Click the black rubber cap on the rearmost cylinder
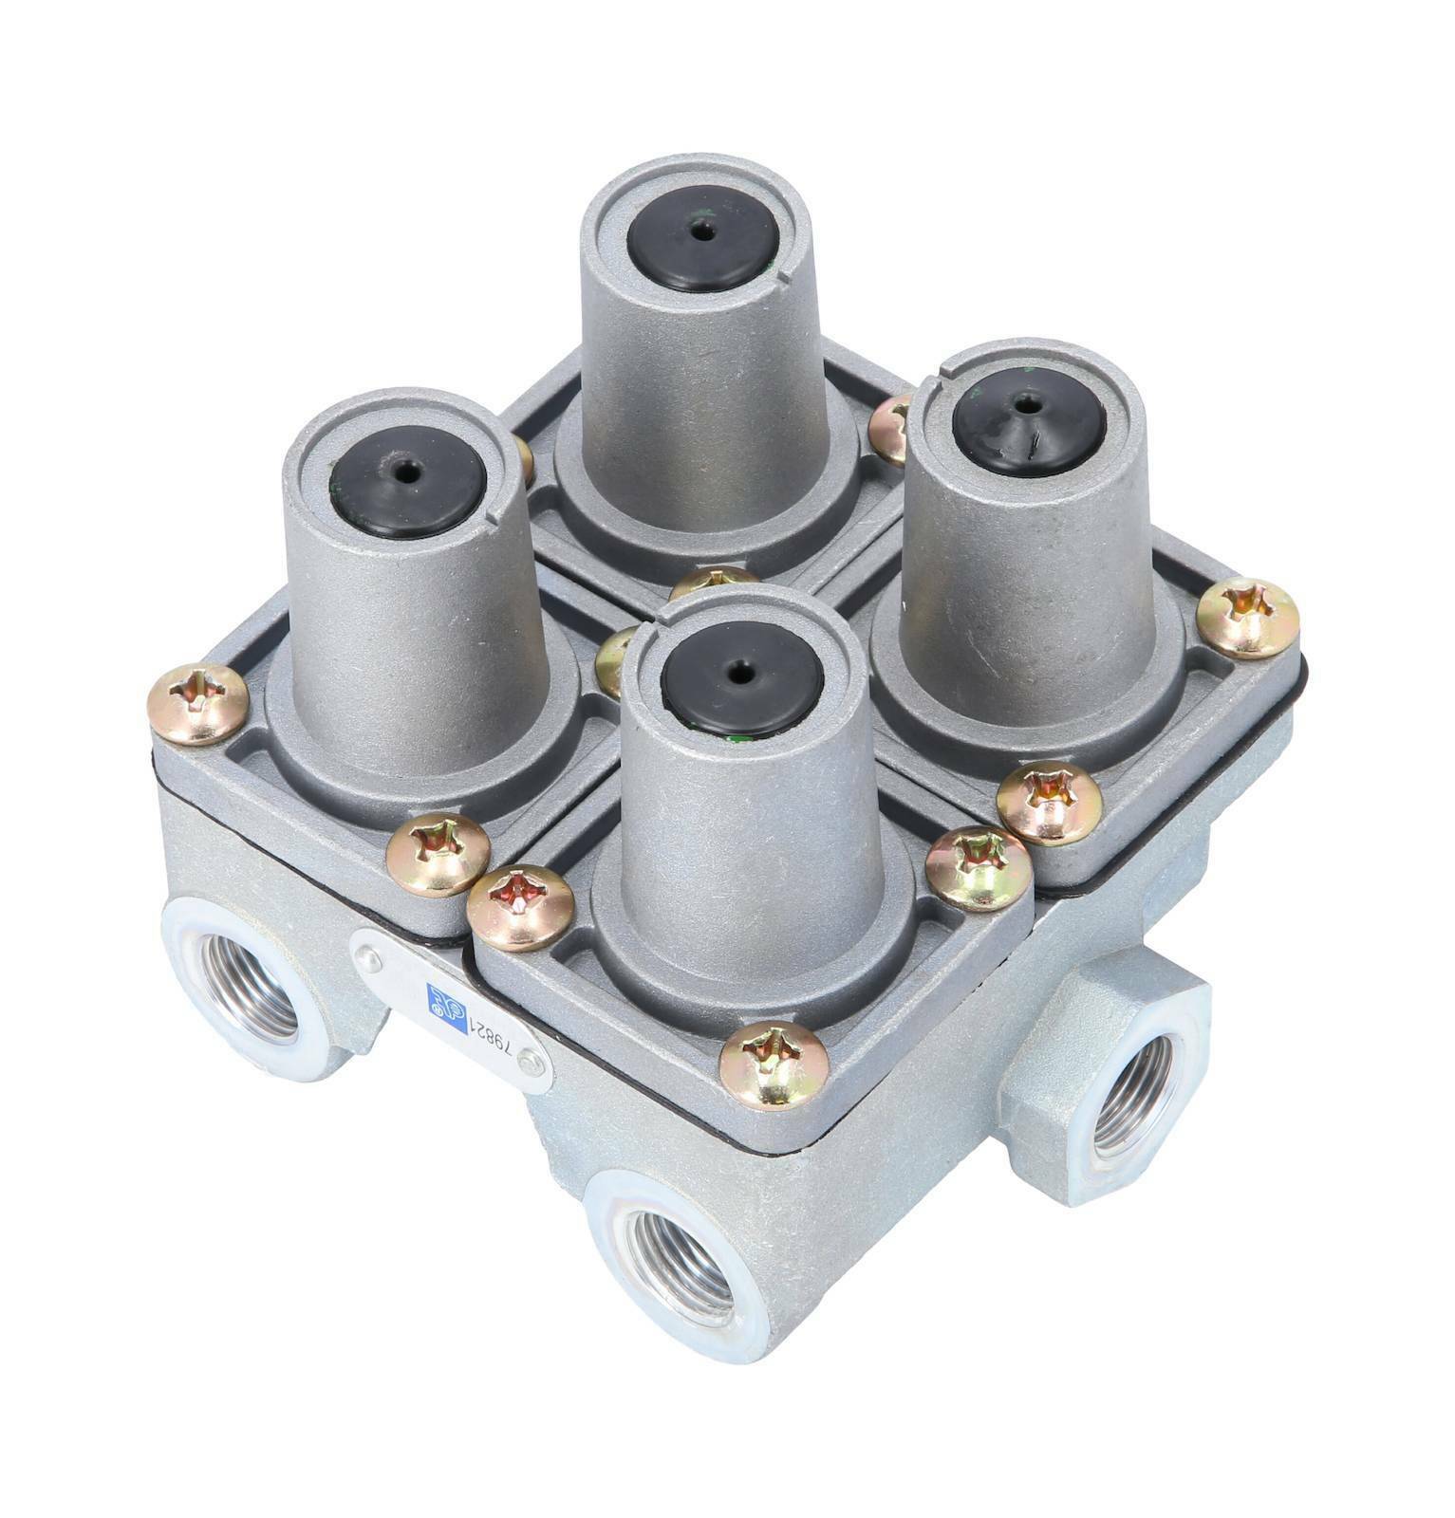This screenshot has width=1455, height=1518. click(x=703, y=231)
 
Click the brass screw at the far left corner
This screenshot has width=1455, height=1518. click(x=198, y=703)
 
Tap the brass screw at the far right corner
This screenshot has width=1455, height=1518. click(x=1246, y=618)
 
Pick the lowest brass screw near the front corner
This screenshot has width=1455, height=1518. click(x=774, y=1064)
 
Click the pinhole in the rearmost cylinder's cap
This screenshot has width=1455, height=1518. click(x=703, y=231)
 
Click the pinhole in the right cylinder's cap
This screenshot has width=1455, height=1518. click(x=1028, y=402)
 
